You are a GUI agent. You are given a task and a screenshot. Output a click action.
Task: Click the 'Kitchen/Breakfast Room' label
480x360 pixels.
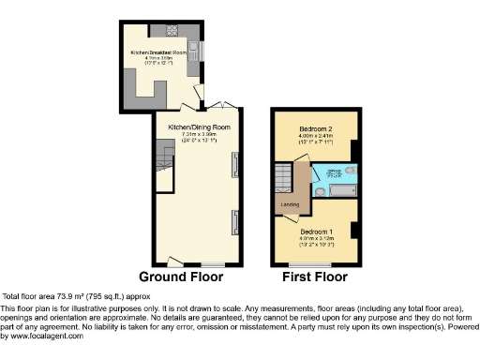click(x=156, y=52)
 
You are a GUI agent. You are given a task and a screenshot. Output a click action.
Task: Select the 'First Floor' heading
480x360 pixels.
click(x=313, y=277)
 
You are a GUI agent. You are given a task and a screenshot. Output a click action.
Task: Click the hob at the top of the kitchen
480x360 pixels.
click(x=172, y=28)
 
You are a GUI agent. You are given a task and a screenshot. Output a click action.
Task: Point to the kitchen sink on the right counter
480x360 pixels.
click(x=193, y=48)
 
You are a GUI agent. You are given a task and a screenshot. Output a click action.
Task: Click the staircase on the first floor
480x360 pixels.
click(x=282, y=176)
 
